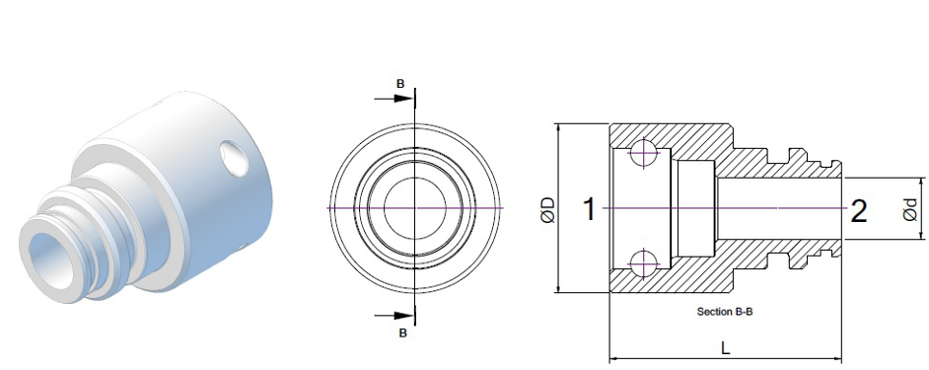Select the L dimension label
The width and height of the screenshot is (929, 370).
coord(726,348)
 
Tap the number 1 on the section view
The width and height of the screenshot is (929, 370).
coord(589,209)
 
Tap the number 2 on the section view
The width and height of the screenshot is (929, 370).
coord(859,211)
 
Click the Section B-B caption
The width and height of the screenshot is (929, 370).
coord(725,312)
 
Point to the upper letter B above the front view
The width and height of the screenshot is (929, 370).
coord(400,84)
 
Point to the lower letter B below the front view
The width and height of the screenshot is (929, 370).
coord(403,333)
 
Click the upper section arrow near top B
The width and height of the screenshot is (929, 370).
coord(394,98)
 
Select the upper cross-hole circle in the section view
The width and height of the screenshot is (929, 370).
coord(643,153)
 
